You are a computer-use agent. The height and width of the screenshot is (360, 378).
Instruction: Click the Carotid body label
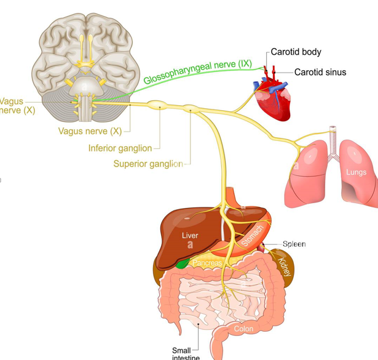coord(296,52)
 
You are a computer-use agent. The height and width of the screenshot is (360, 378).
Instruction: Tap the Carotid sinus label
coord(320,73)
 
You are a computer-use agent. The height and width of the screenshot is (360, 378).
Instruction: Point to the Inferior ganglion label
coord(120,148)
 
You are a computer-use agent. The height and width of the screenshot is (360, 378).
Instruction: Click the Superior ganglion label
coord(148,164)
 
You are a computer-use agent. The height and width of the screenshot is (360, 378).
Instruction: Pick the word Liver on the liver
coord(190,236)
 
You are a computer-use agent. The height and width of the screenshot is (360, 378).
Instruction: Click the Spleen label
coord(294,244)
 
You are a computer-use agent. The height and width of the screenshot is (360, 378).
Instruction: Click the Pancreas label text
coord(207,263)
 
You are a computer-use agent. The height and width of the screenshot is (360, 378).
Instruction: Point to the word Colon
coord(243,329)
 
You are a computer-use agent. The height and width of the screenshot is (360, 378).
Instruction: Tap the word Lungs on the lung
coord(356,172)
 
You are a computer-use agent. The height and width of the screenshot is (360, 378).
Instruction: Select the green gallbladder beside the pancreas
coord(183,264)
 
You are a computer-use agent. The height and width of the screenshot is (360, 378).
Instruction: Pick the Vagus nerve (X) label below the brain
coord(90,131)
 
